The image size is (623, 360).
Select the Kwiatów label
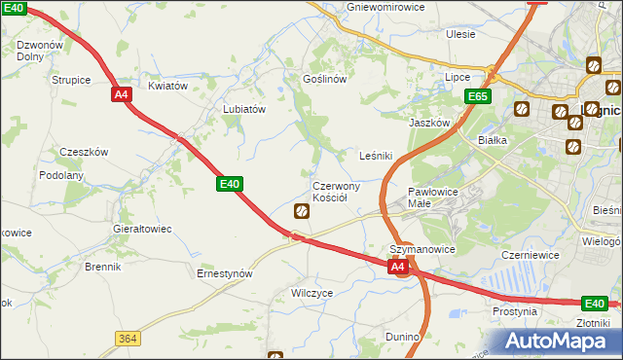coord(167,86)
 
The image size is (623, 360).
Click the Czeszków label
coord(84,152)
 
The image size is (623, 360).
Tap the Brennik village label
coord(102,267)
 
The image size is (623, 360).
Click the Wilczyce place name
coord(312,292)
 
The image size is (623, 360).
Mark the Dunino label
coord(401,337)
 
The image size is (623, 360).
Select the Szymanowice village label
coord(422,249)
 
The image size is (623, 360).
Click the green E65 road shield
coord(478,96)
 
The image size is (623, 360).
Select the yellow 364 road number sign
coord(128,338)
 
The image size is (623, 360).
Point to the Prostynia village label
coord(515,312)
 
